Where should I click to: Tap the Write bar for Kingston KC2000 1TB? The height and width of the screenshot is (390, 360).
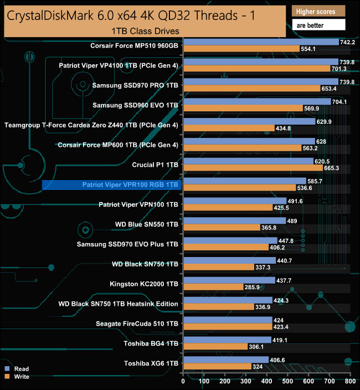(213, 287)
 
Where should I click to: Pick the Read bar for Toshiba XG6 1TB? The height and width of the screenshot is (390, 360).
(225, 360)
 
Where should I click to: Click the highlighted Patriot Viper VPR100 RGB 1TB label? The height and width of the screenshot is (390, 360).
(130, 184)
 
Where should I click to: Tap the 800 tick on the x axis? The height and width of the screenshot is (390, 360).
(350, 381)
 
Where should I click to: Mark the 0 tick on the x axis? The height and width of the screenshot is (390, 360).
(183, 381)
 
